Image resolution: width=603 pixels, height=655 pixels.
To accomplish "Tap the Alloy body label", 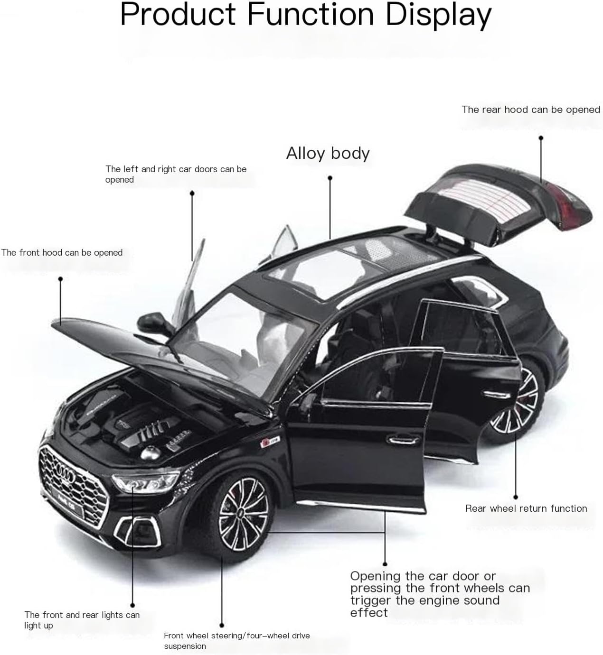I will coord(328,153).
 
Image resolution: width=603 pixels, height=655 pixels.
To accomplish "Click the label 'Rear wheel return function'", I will coord(526,508).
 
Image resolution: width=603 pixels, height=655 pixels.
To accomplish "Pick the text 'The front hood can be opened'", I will coord(62,253).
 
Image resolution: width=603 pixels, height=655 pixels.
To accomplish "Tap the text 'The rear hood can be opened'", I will coord(531,110).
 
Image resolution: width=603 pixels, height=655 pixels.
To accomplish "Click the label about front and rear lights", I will coord(82,620).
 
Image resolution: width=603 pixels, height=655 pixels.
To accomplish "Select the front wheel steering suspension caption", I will coord(236,640).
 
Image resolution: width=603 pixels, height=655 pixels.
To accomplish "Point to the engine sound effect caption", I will coord(440,594).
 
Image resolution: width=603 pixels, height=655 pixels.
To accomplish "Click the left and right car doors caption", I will coord(176,174).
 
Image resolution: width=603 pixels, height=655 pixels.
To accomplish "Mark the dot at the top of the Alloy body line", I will coord(330,178).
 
